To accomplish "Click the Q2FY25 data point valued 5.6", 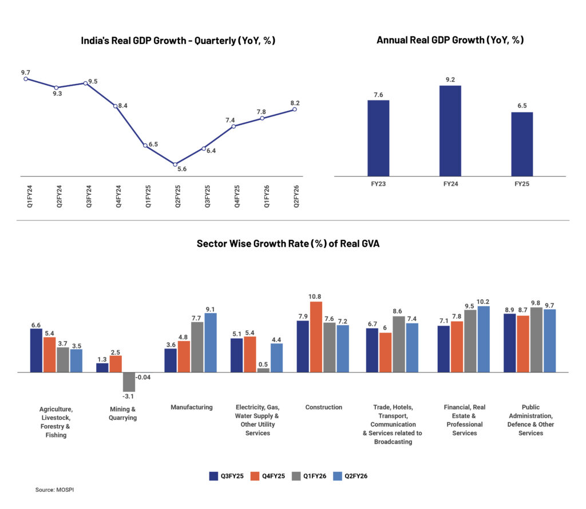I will (175, 165).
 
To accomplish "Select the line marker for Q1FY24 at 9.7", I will (26, 79).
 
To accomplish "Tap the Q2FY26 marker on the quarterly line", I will (295, 109).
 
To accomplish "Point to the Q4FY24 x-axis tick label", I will (118, 196).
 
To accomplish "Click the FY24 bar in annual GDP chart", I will (450, 131).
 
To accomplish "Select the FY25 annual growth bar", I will (522, 144).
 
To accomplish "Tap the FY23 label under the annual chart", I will (378, 184).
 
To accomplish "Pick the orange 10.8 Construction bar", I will (316, 337).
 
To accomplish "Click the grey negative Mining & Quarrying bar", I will (129, 382).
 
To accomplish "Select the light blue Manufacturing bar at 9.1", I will (211, 343).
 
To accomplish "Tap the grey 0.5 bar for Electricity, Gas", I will (263, 370).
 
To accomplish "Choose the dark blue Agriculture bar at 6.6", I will (36, 350).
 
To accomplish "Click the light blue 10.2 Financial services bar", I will (484, 339).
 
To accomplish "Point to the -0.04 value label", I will (143, 378).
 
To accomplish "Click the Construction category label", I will (323, 407).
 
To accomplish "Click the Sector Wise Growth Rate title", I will (288, 243).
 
